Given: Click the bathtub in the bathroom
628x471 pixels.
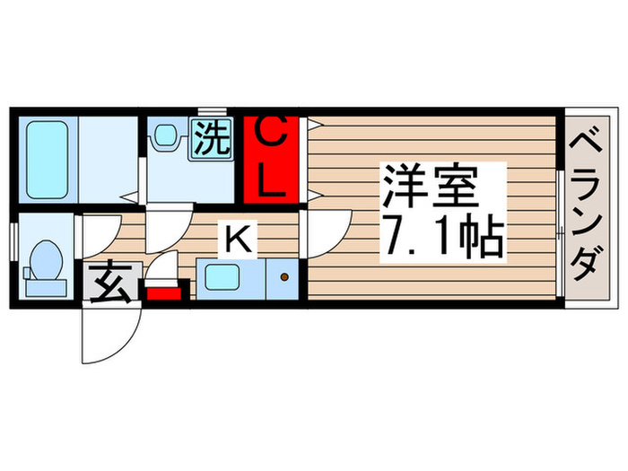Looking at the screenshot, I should [44, 159].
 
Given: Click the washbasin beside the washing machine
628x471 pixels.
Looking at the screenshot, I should [166, 137].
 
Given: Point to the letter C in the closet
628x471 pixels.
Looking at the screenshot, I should [274, 135].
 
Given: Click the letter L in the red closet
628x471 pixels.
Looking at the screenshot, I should [274, 184].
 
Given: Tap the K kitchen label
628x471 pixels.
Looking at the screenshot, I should [239, 239].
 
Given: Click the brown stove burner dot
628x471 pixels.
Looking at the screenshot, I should [284, 277].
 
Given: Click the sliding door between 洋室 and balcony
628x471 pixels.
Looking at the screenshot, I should [561, 233].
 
